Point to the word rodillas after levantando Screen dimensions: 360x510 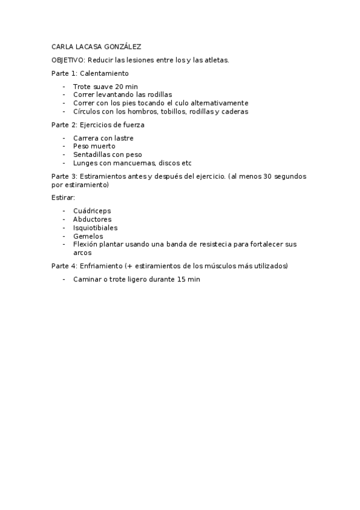(x=159, y=94)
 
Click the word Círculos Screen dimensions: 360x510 (x=87, y=111)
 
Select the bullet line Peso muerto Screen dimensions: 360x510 (x=94, y=146)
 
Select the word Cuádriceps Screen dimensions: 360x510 (x=92, y=211)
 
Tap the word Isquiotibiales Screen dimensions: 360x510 (x=95, y=228)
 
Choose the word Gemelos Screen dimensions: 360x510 (x=88, y=236)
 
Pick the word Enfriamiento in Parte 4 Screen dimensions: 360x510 (x=101, y=265)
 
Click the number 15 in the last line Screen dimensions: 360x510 (x=182, y=280)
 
